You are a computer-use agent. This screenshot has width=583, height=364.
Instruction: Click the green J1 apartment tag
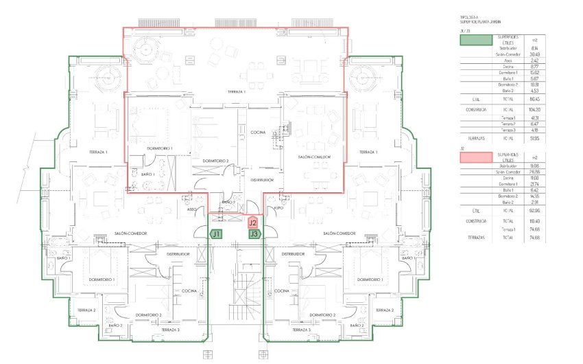(216, 234)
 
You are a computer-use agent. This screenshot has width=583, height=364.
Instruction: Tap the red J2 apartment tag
(253, 223)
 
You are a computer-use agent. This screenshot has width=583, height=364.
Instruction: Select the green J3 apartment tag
(254, 234)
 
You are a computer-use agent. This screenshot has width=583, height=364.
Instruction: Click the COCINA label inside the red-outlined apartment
(258, 132)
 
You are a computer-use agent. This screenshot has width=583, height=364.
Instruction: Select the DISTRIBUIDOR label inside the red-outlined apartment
(262, 179)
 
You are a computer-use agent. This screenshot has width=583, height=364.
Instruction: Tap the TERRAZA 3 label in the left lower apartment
(170, 330)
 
